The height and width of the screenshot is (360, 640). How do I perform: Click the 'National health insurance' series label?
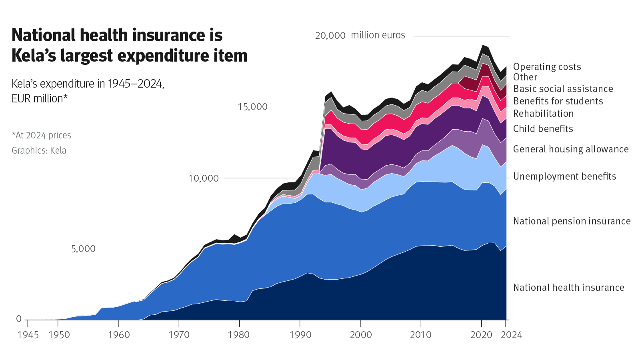click(x=568, y=288)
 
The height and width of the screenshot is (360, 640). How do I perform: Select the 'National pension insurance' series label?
click(x=572, y=221)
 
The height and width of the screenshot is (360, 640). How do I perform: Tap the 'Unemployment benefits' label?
click(x=564, y=176)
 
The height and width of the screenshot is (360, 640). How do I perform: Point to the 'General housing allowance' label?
click(x=571, y=149)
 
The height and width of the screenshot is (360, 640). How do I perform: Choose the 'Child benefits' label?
click(x=543, y=129)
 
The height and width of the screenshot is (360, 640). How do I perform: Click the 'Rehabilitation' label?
click(x=543, y=114)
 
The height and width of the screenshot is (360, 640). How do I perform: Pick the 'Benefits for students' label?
click(x=558, y=101)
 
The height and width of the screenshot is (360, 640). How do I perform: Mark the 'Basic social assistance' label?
click(x=563, y=89)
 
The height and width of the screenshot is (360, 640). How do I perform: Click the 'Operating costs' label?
click(x=547, y=67)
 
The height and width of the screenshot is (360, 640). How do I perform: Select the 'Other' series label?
click(x=525, y=77)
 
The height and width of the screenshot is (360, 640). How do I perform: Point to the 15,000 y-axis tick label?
click(x=252, y=107)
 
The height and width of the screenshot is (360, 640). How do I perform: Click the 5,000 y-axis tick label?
click(x=83, y=249)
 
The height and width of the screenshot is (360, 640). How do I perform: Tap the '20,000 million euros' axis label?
click(x=360, y=35)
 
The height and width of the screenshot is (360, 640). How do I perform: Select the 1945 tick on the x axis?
click(x=28, y=335)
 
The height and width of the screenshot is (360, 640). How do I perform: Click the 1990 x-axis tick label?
click(x=300, y=335)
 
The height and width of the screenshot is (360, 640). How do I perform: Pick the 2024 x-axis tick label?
click(x=511, y=335)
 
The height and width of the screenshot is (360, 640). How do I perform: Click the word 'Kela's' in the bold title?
click(x=34, y=56)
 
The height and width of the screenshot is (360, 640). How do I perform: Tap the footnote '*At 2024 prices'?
click(x=41, y=135)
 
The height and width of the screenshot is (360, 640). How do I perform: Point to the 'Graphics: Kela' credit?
click(x=39, y=150)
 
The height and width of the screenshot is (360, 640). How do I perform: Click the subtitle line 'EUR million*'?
click(x=39, y=98)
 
